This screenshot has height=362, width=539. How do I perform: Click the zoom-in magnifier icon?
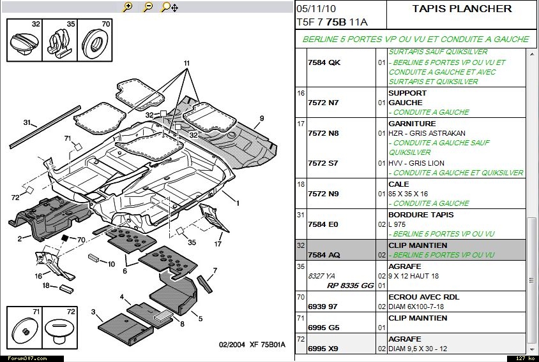click(x=128, y=7)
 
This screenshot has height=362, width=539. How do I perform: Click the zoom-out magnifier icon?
click(x=148, y=7)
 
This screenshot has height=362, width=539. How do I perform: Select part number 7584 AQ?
click(x=324, y=255)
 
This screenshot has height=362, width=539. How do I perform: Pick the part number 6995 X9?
click(x=324, y=349)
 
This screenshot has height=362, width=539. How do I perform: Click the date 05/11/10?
click(x=315, y=8)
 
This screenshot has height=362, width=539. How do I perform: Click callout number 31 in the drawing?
click(x=27, y=122)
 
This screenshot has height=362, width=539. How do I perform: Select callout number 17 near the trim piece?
click(x=218, y=243)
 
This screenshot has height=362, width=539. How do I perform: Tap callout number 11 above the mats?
click(x=187, y=63)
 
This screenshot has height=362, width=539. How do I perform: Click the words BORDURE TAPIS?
click(x=421, y=215)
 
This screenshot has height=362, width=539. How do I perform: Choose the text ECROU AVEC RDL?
click(x=424, y=297)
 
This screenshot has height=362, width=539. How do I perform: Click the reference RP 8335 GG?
click(x=351, y=286)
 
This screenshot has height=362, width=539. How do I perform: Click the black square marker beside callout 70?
click(x=64, y=237)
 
